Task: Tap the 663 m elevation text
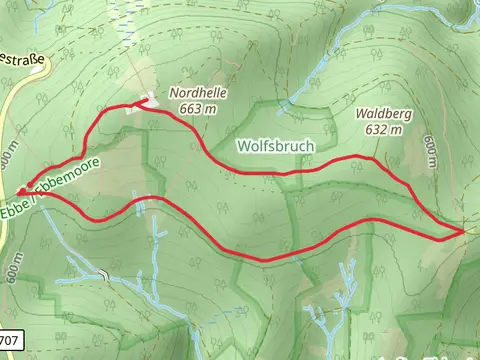198,108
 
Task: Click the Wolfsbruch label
275,146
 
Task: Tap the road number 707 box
9,338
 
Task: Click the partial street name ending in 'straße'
22,61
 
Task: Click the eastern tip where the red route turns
463,232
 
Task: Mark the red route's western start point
20,192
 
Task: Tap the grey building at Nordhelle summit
140,105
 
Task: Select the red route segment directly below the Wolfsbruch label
285,173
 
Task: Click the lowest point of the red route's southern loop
265,260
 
